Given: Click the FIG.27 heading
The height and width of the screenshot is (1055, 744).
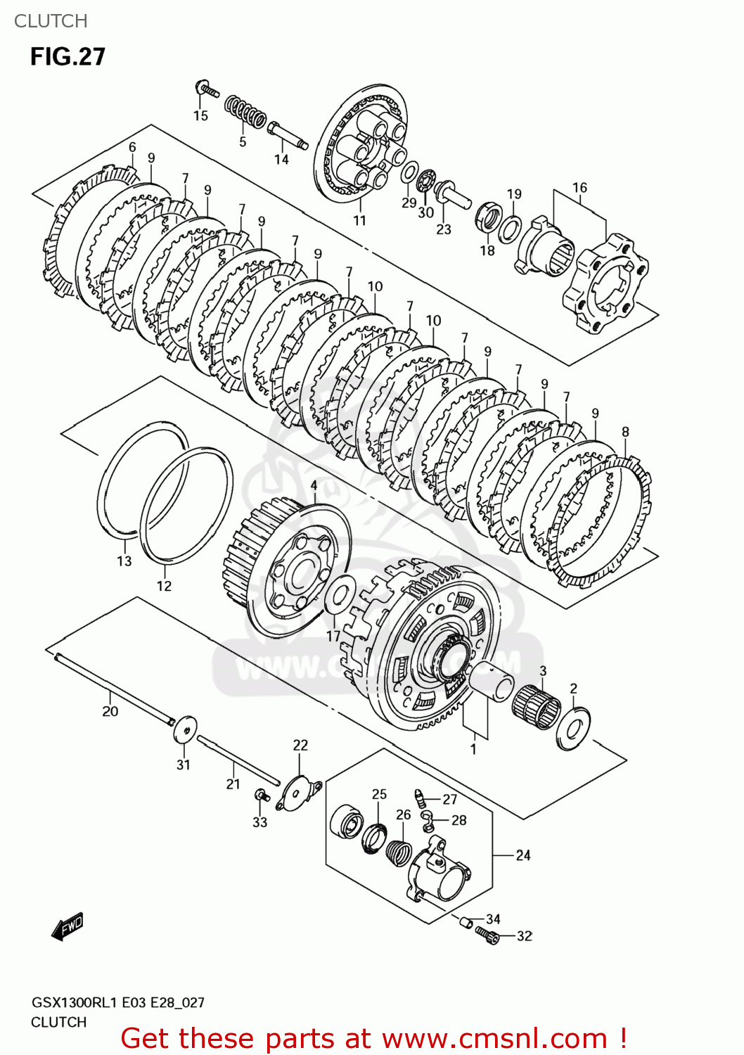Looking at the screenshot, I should pyautogui.click(x=68, y=56).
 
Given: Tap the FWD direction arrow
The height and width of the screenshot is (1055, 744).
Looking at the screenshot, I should pyautogui.click(x=68, y=927).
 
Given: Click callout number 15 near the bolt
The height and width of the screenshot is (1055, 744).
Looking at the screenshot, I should pyautogui.click(x=200, y=115).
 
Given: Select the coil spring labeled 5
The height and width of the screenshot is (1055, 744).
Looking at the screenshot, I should pyautogui.click(x=245, y=113).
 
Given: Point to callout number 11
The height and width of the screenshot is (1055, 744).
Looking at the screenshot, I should pyautogui.click(x=359, y=220).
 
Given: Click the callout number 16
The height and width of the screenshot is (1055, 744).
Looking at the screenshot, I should pyautogui.click(x=579, y=188).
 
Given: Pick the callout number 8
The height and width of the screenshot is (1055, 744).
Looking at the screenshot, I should pyautogui.click(x=625, y=432).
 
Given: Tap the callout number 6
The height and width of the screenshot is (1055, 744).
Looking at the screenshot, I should pyautogui.click(x=132, y=147).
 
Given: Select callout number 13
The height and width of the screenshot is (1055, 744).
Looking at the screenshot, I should pyautogui.click(x=124, y=561).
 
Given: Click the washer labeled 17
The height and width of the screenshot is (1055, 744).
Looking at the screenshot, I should pyautogui.click(x=340, y=594).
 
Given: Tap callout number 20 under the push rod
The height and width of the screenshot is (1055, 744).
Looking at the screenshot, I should pyautogui.click(x=110, y=711).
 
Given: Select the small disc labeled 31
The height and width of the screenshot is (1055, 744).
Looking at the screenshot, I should pyautogui.click(x=185, y=729).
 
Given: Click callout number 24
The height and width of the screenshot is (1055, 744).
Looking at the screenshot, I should pyautogui.click(x=522, y=855).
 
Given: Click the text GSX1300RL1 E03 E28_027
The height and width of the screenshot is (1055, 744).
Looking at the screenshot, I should pyautogui.click(x=117, y=1002).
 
